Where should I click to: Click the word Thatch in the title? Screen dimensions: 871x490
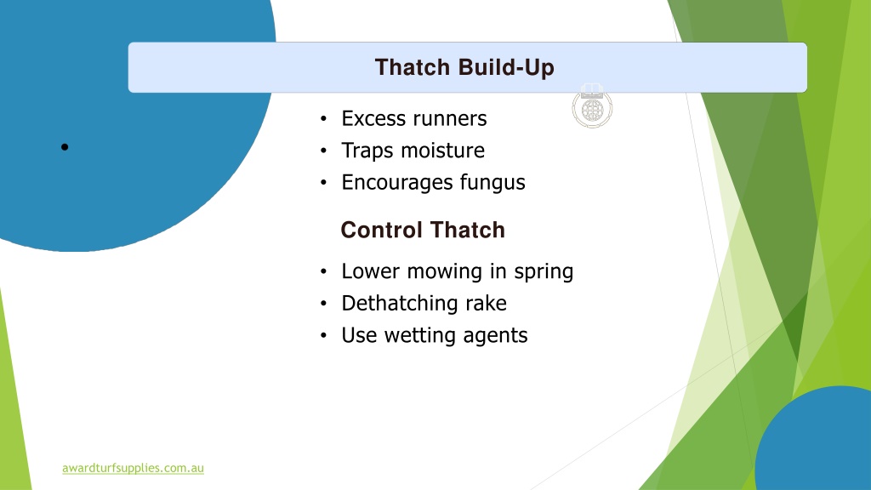tap(413, 67)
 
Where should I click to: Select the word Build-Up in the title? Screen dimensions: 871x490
tap(506, 68)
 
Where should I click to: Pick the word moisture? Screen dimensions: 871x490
tap(442, 151)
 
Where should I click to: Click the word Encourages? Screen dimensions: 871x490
tap(397, 183)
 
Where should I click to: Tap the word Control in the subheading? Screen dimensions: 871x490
tap(382, 230)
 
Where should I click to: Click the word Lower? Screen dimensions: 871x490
tap(371, 271)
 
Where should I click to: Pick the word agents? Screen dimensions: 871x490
tap(496, 336)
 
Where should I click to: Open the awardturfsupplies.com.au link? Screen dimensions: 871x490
tap(133, 468)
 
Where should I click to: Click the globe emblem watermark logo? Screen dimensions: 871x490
tap(592, 106)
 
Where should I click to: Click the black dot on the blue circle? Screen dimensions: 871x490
tap(65, 147)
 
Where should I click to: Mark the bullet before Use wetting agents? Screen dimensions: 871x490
tap(324, 335)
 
